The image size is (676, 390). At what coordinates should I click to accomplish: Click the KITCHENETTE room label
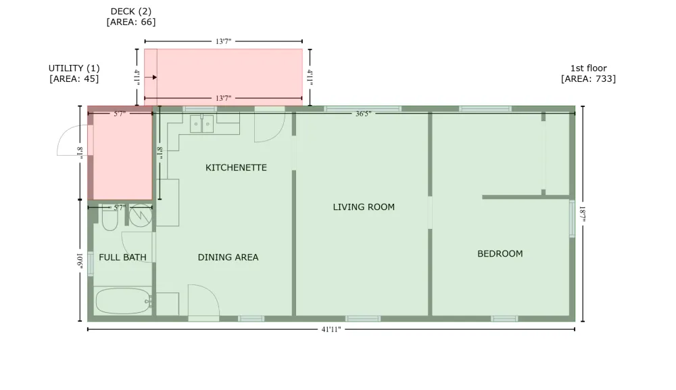pyautogui.click(x=236, y=167)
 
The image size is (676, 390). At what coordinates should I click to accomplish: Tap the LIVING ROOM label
pyautogui.click(x=364, y=207)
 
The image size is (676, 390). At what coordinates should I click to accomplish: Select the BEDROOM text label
pyautogui.click(x=500, y=253)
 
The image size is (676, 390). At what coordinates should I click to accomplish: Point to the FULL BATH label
pyautogui.click(x=122, y=257)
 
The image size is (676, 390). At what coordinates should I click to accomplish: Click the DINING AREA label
pyautogui.click(x=228, y=257)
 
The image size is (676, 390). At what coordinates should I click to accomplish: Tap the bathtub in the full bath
pyautogui.click(x=123, y=301)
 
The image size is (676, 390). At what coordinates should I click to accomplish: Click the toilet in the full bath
pyautogui.click(x=110, y=217)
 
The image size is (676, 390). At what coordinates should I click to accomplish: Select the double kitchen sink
pyautogui.click(x=201, y=124)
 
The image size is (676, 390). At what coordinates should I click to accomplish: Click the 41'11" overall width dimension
pyautogui.click(x=331, y=330)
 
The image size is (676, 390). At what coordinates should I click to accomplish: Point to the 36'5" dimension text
pyautogui.click(x=363, y=114)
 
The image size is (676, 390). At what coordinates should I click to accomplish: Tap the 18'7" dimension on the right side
pyautogui.click(x=583, y=214)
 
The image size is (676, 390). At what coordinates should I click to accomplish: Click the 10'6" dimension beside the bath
pyautogui.click(x=80, y=261)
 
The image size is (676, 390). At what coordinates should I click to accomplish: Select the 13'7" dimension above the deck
pyautogui.click(x=223, y=41)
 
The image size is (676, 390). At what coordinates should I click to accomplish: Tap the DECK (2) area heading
pyautogui.click(x=131, y=12)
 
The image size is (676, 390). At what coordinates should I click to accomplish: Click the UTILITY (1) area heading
pyautogui.click(x=74, y=68)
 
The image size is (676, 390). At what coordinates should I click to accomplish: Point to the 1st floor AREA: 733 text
pyautogui.click(x=589, y=73)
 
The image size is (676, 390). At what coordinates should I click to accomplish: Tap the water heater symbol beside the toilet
pyautogui.click(x=141, y=216)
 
